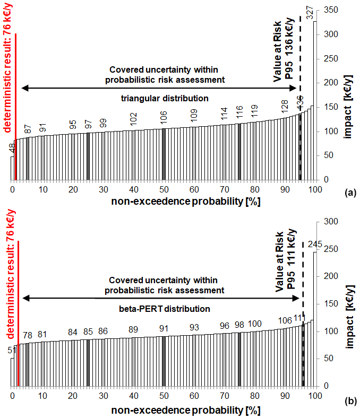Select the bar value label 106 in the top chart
(163, 116)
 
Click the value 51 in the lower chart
(12, 350)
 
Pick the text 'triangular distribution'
(164, 98)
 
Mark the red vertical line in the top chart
(16, 106)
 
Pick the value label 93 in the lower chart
(194, 327)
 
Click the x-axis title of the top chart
(179, 202)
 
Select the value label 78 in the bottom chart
(28, 335)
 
